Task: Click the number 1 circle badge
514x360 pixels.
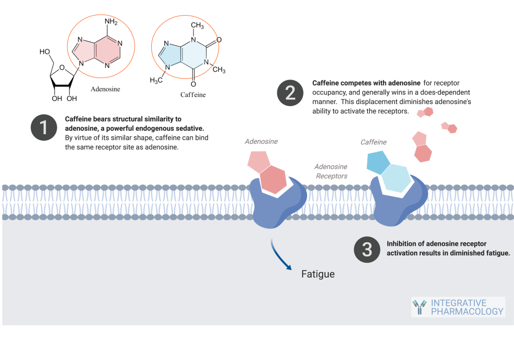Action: point(44,127)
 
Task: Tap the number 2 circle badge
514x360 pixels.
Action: point(290,93)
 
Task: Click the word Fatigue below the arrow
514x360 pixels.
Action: point(318,274)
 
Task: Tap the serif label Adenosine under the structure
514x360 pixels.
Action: point(106,89)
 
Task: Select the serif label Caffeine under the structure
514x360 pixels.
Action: point(193,95)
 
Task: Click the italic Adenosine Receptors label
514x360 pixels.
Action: point(331,171)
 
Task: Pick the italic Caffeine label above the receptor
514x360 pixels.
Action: point(373,142)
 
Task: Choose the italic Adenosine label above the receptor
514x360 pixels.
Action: point(261,142)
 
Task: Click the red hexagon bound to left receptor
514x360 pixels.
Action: point(273,180)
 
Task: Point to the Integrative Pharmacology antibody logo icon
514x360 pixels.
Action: point(419,307)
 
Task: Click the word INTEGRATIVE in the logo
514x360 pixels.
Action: point(459,303)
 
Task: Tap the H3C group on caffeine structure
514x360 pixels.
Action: point(157,80)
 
